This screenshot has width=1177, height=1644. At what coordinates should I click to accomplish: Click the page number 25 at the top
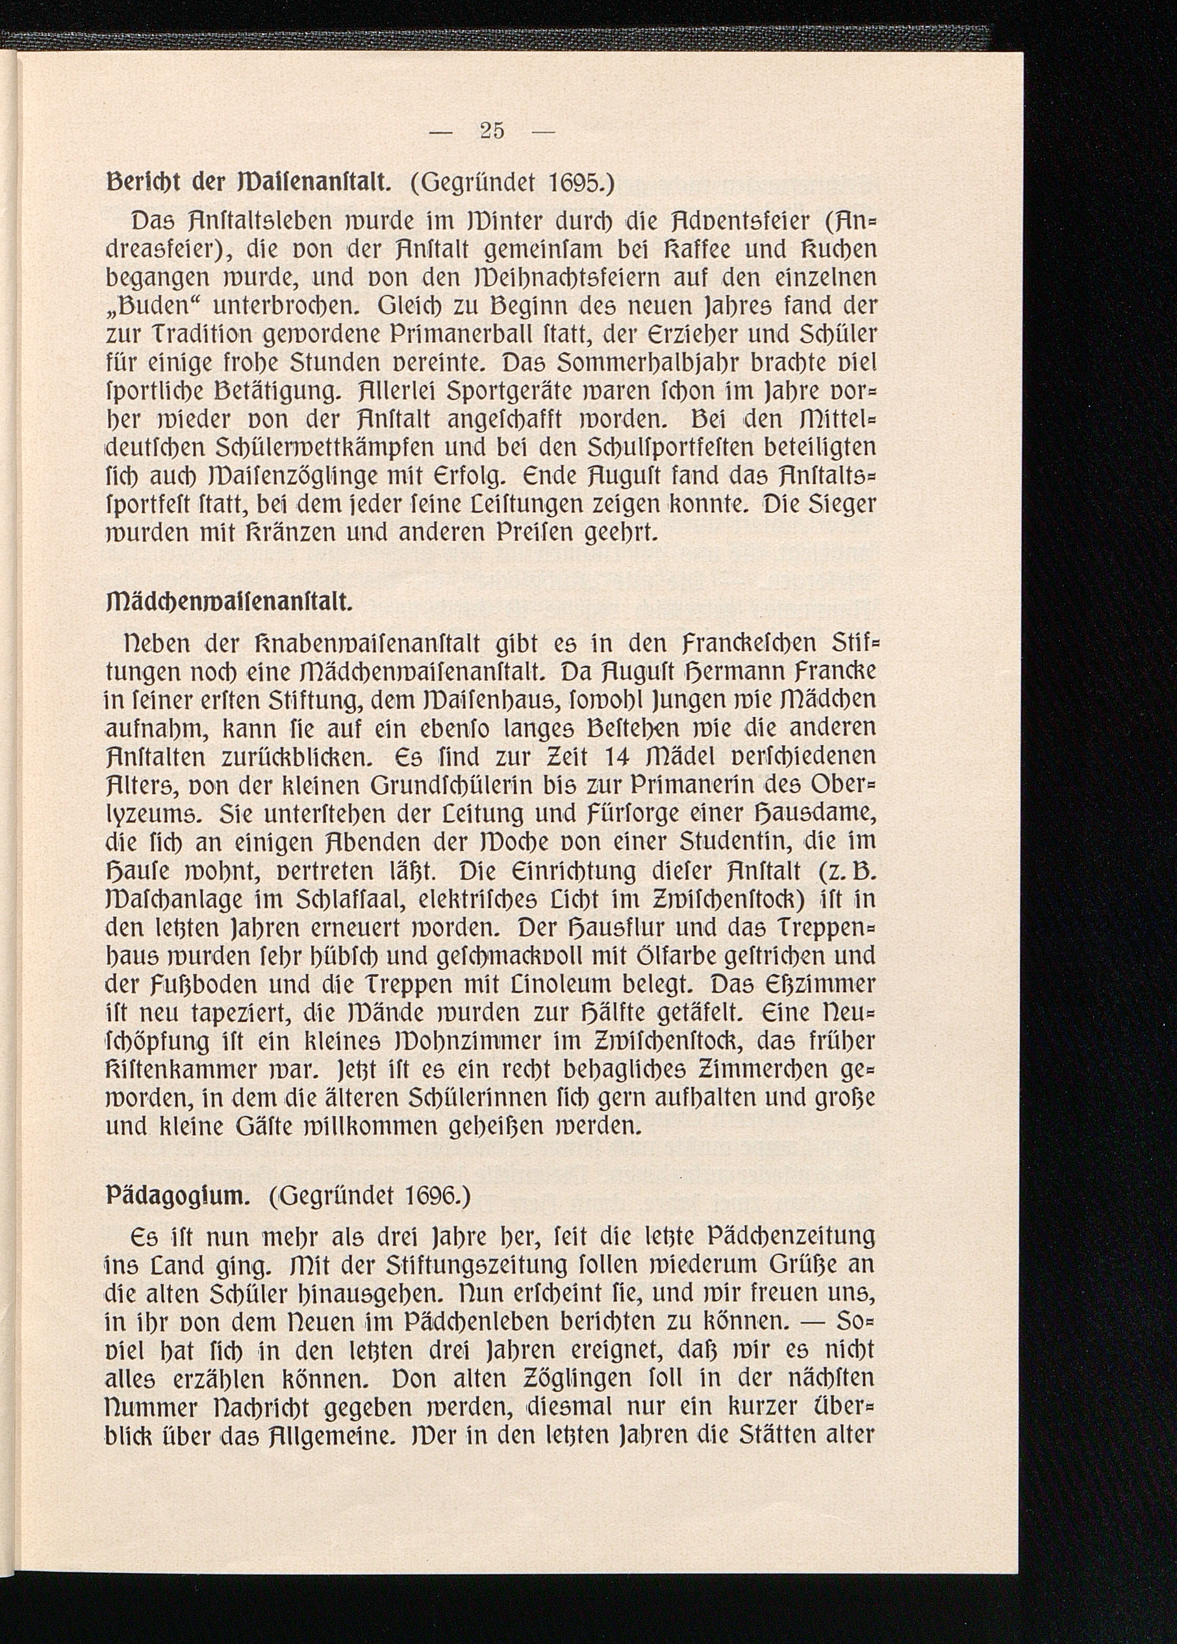point(492,131)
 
